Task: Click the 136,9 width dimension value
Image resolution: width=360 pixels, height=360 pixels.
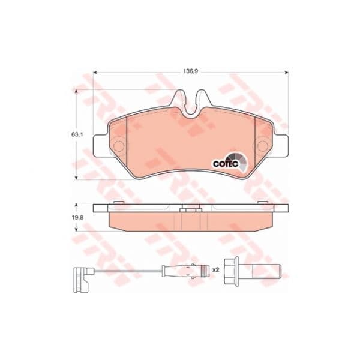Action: tap(190, 71)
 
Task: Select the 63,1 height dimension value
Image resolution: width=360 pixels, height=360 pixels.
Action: tap(77, 135)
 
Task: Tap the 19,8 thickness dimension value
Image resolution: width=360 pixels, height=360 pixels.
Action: tap(77, 218)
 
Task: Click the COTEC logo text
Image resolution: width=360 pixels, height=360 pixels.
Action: tap(226, 164)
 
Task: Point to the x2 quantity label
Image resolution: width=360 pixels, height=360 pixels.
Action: tap(215, 270)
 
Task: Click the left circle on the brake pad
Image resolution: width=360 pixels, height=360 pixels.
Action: tap(119, 146)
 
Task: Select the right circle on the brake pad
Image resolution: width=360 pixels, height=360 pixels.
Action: tap(262, 146)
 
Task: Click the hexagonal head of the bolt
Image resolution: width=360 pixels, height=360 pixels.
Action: tap(231, 271)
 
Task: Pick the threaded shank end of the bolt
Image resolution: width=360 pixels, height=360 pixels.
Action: tap(267, 271)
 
